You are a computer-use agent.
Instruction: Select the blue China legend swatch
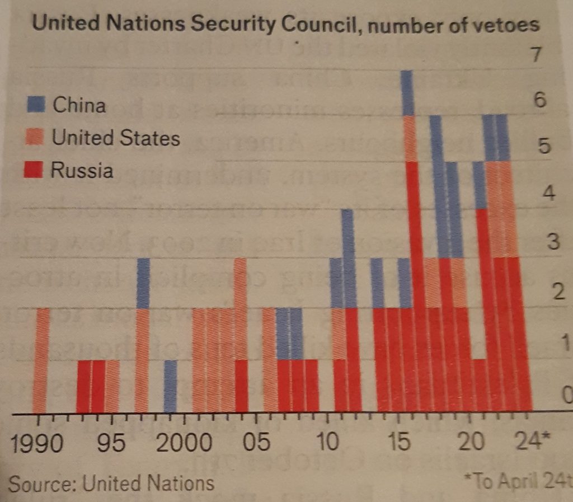pos(36,104)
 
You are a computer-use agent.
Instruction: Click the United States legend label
pos(116,138)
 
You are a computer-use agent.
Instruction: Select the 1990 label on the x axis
pos(35,445)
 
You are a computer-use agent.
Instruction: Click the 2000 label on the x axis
pos(184,445)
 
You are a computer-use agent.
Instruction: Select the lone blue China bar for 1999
pos(171,386)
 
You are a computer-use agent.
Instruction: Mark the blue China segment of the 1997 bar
pos(143,283)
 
